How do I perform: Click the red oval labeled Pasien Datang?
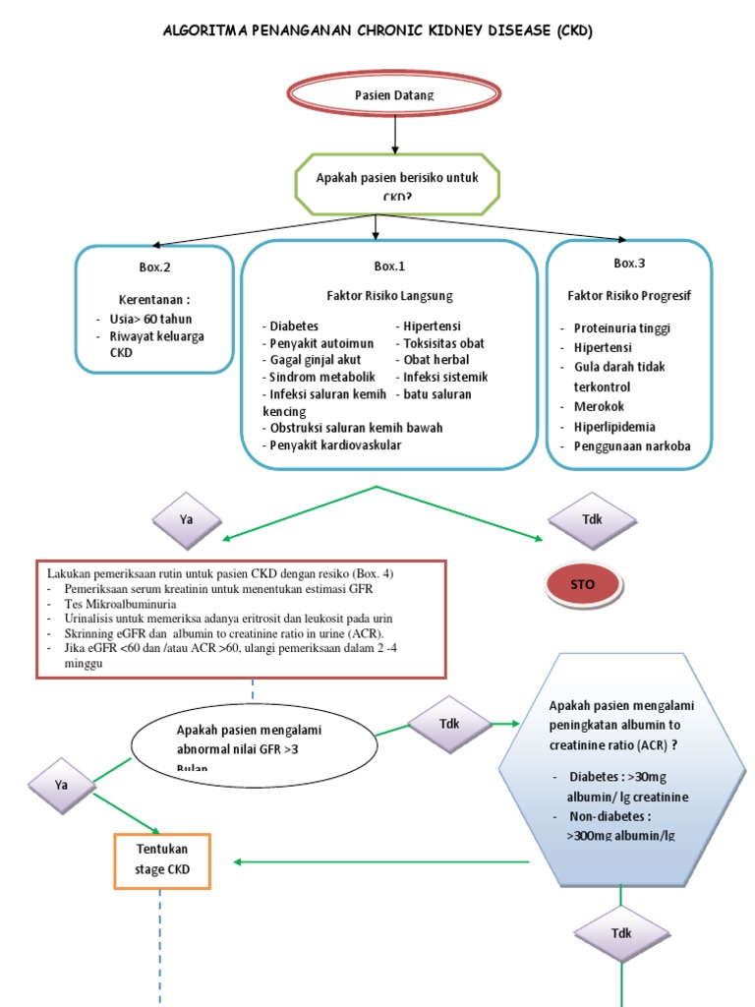(x=393, y=95)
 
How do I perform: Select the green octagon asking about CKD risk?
(x=390, y=183)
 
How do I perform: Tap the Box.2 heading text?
(x=154, y=267)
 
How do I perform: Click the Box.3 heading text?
(x=629, y=264)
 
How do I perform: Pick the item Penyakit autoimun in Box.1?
(x=319, y=344)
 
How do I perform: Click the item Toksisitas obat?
(x=442, y=344)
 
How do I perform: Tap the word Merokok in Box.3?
(x=599, y=406)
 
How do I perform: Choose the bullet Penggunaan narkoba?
(x=632, y=446)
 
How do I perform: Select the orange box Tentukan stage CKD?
(x=163, y=859)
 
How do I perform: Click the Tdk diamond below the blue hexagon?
(x=620, y=933)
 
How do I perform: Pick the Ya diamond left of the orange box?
(x=62, y=785)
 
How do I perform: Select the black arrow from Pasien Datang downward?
(x=394, y=133)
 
